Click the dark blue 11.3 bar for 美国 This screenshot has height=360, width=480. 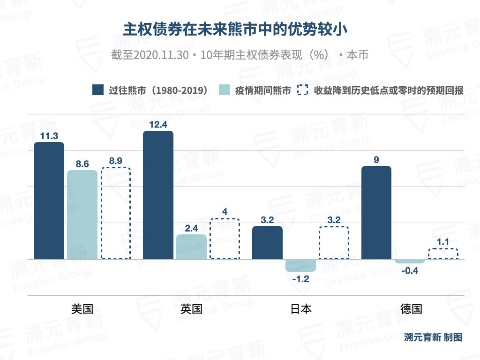[x=49, y=201]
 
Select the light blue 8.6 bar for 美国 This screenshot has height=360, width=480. [x=82, y=215]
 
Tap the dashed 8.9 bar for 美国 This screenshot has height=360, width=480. [x=115, y=213]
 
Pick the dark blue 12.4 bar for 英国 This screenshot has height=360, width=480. [x=158, y=195]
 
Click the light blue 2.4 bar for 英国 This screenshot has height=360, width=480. [x=191, y=247]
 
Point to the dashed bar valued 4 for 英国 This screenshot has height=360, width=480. [x=225, y=239]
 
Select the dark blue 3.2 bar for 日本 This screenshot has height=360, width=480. [x=267, y=242]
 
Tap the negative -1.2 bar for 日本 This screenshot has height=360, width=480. [x=300, y=265]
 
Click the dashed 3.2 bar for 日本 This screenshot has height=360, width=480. [x=334, y=242]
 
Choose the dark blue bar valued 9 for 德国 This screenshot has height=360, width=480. [x=376, y=212]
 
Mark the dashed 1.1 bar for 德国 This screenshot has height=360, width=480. [x=442, y=254]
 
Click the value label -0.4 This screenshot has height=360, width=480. [x=410, y=270]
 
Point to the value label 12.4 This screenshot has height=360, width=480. [x=158, y=125]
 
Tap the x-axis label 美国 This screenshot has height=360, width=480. [x=82, y=309]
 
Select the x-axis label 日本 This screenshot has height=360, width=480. [x=300, y=309]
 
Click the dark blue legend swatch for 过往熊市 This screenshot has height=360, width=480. [x=98, y=90]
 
